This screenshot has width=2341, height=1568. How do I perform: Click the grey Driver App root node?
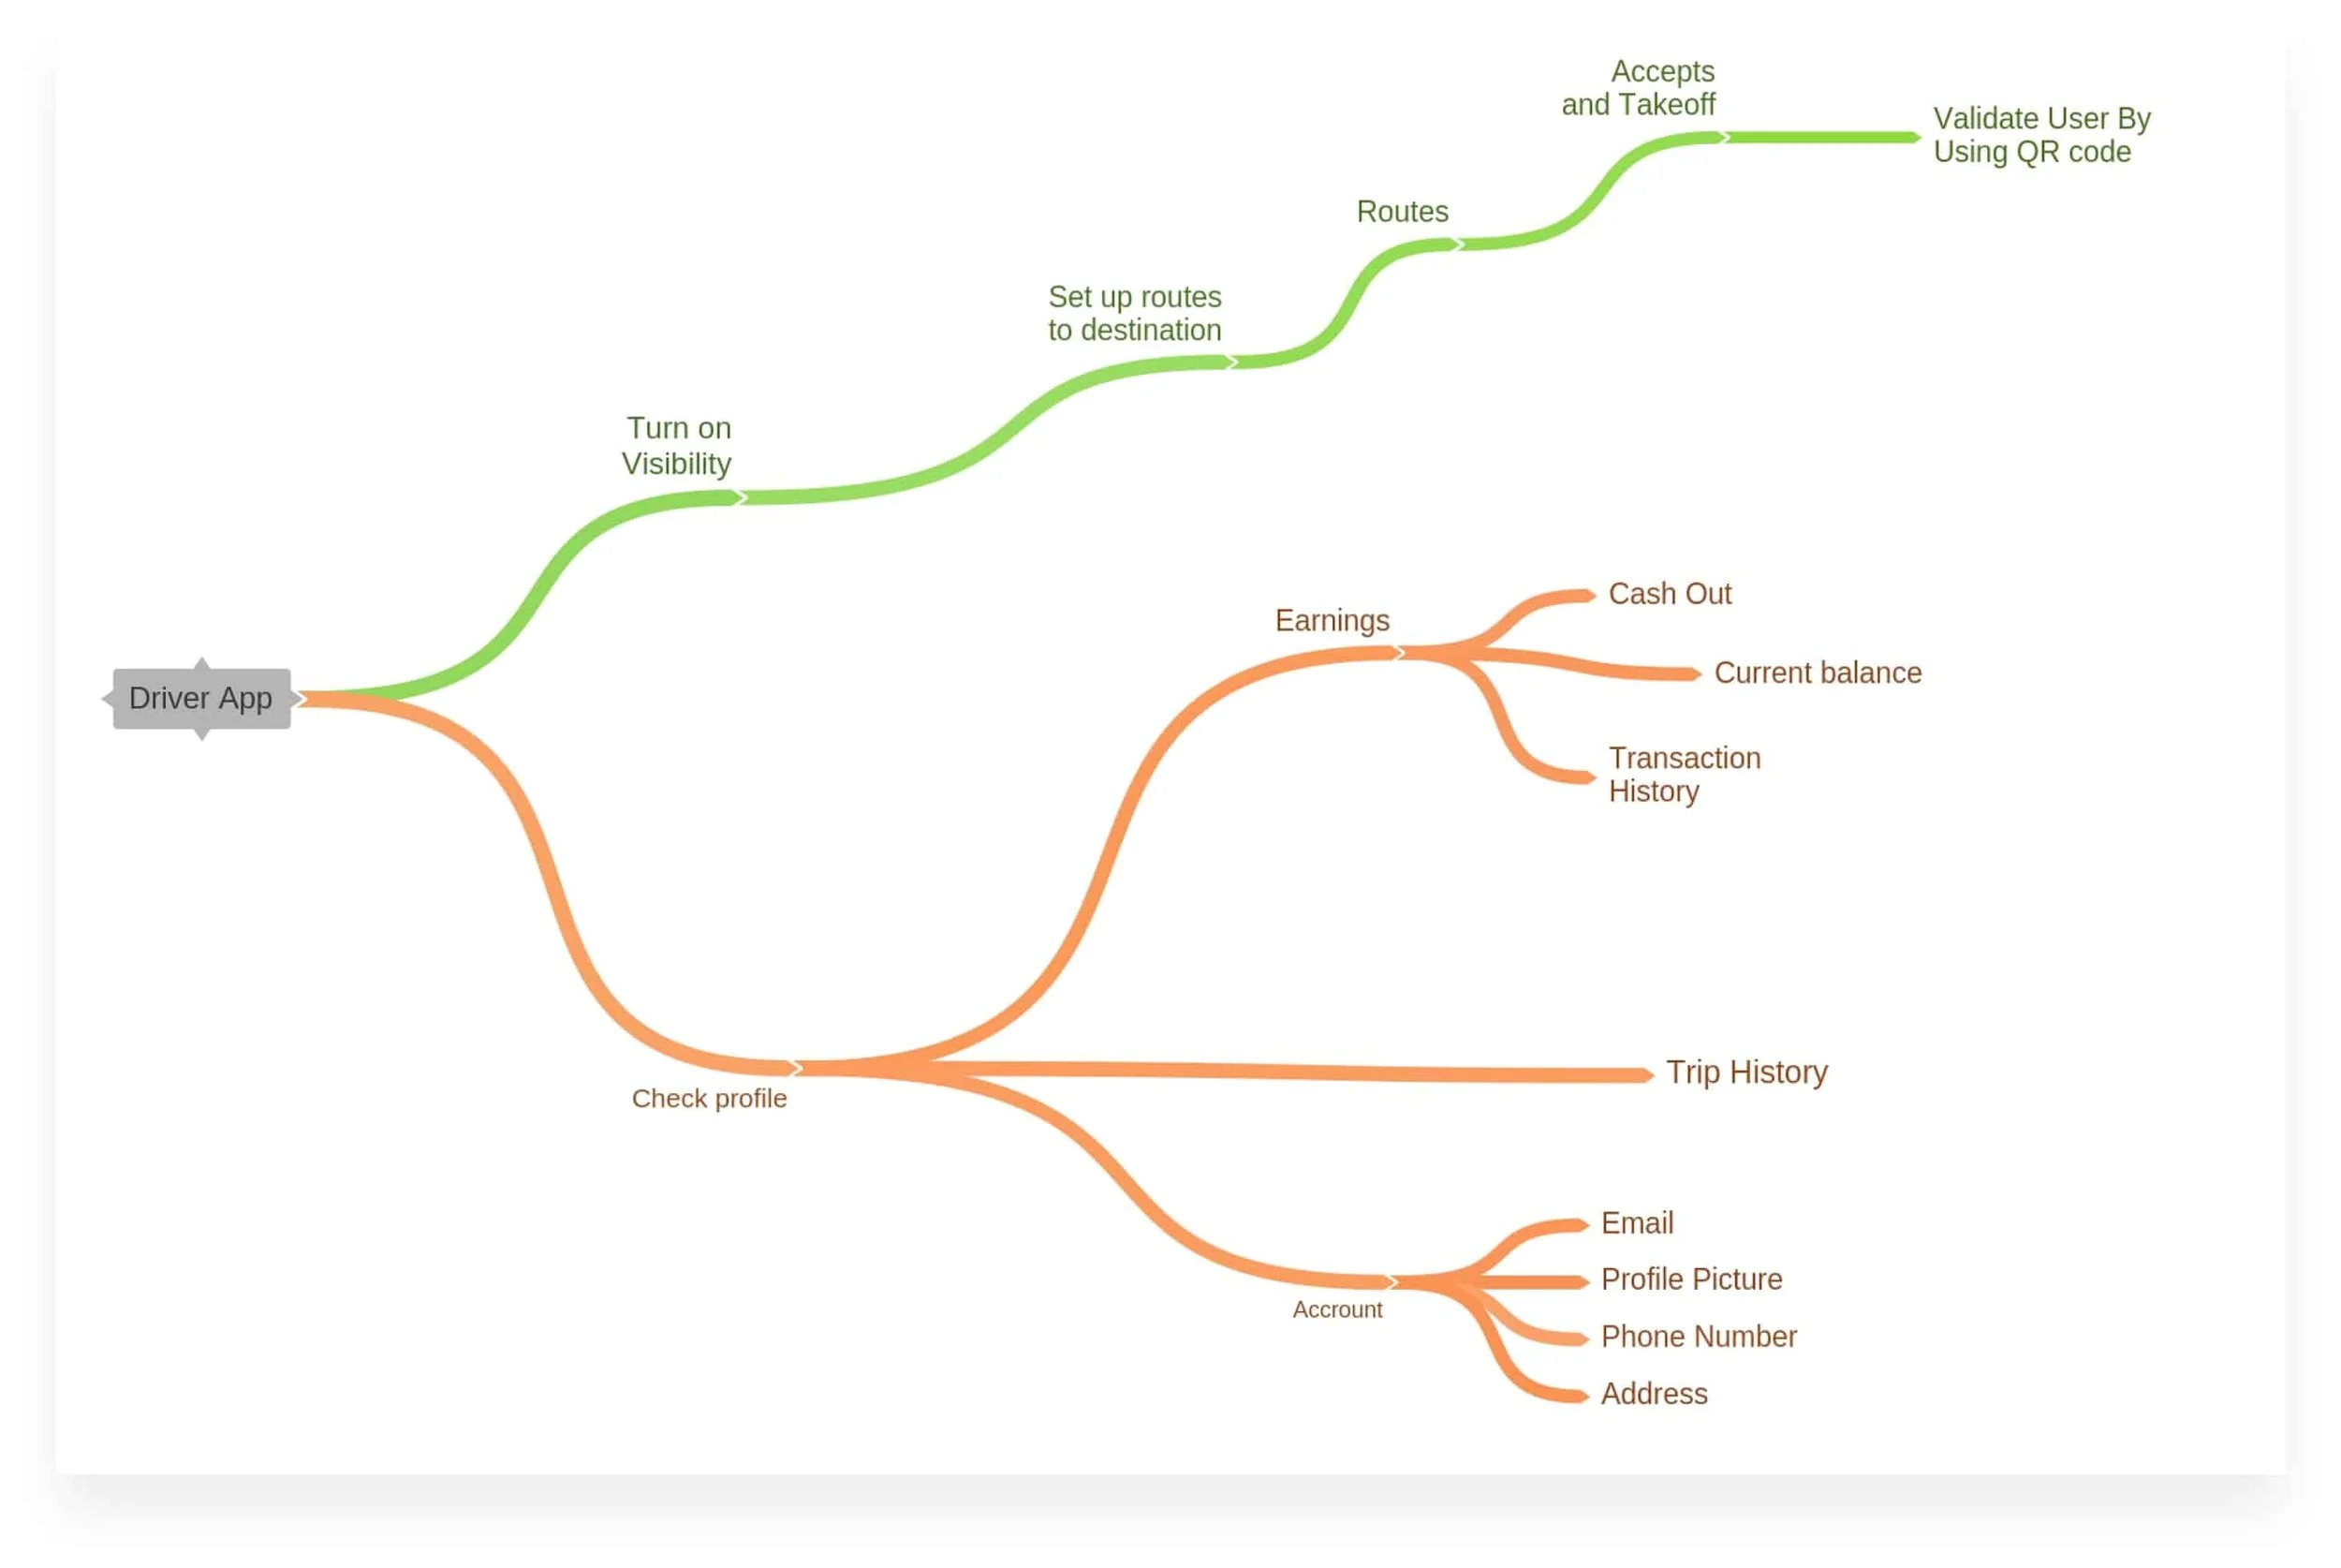201,698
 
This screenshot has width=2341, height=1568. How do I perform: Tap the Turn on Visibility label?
677,446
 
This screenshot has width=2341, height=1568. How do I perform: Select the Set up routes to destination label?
1135,313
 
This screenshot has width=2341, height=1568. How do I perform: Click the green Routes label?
1402,212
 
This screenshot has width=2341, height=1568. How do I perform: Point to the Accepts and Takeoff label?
1639,88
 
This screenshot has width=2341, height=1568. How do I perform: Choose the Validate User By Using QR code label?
2041,135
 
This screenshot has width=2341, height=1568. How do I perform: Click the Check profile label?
709,1098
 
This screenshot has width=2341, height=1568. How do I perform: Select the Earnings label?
1332,620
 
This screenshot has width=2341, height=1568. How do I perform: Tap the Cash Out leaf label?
1670,594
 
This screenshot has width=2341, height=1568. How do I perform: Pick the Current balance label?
1818,673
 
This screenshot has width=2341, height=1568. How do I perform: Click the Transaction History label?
1685,774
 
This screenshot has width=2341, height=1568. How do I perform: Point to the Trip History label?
1746,1072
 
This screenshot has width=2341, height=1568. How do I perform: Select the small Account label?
1336,1310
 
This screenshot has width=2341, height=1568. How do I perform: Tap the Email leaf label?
1636,1223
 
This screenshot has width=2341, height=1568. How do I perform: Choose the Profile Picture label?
1691,1279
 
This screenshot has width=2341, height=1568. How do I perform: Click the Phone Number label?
1699,1337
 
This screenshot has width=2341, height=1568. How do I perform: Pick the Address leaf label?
1655,1394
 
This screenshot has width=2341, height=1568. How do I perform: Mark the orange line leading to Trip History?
1300,1072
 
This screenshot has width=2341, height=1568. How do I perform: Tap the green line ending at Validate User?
1819,137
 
